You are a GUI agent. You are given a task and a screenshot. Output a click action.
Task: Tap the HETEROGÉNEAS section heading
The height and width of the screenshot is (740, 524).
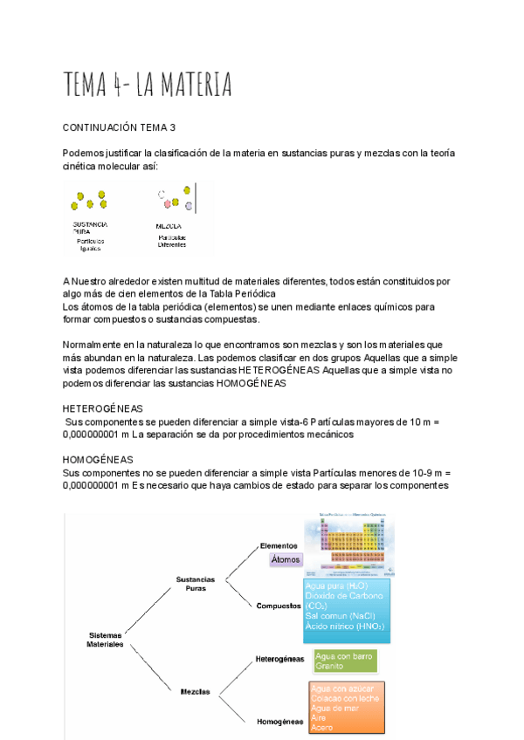(103, 408)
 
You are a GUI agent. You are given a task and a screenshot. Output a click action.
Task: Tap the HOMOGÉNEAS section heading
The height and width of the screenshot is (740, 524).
(98, 458)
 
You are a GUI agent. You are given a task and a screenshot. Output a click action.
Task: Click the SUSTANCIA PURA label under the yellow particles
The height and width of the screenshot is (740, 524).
(89, 228)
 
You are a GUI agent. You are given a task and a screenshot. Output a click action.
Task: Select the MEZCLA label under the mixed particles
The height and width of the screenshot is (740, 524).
(169, 226)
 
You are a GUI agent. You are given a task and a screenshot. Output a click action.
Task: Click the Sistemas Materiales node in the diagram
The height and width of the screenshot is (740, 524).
(105, 640)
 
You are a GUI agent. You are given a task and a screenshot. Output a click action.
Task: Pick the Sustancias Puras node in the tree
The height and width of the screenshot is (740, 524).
(196, 583)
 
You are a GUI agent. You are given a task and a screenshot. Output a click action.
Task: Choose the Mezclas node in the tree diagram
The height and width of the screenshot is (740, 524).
(195, 691)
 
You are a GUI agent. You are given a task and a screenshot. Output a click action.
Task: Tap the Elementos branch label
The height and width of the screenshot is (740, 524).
(279, 546)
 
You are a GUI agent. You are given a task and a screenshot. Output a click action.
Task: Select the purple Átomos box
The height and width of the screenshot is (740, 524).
(286, 560)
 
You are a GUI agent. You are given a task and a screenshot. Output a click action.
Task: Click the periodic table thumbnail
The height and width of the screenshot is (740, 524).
(348, 545)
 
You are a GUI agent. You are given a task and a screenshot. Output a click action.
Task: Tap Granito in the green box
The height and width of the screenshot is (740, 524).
(329, 666)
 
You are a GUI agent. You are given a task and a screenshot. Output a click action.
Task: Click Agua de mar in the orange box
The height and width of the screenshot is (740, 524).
(333, 708)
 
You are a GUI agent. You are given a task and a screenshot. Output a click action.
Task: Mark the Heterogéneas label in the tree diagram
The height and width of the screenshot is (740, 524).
(279, 659)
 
